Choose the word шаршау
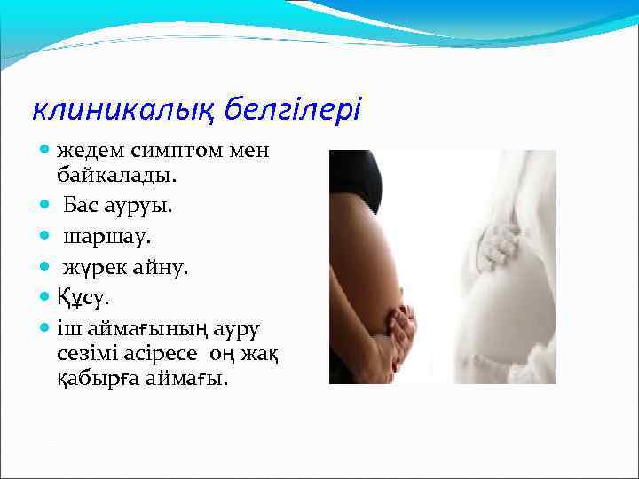click(98, 237)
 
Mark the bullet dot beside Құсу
click(45, 296)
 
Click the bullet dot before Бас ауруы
click(45, 207)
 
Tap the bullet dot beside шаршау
click(45, 238)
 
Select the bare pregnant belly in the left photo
click(368, 266)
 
